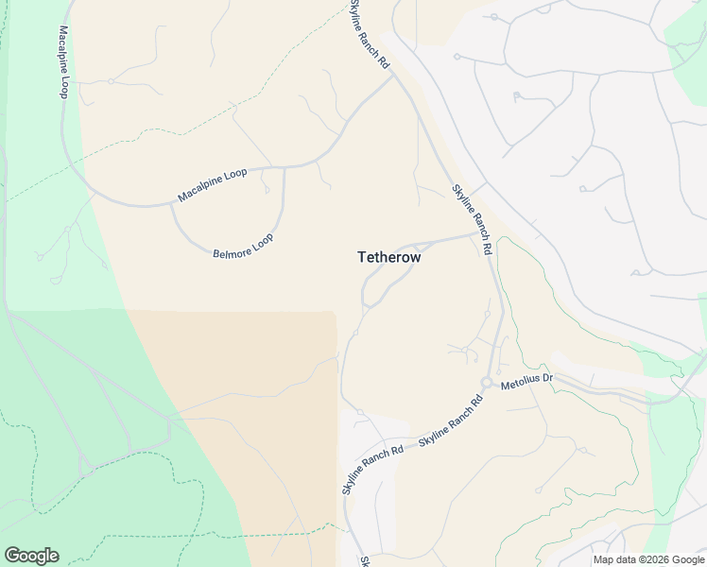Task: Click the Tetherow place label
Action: pyautogui.click(x=388, y=256)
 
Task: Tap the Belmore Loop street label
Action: pyautogui.click(x=243, y=248)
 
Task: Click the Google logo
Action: pyautogui.click(x=31, y=556)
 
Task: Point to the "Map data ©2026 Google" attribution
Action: pyautogui.click(x=648, y=559)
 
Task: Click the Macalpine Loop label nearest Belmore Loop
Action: pyautogui.click(x=212, y=185)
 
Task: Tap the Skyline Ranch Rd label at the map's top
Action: pyautogui.click(x=369, y=33)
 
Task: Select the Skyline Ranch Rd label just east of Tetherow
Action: pyautogui.click(x=473, y=219)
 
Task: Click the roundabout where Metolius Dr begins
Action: pyautogui.click(x=486, y=382)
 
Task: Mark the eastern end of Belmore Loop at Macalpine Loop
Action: pyautogui.click(x=285, y=169)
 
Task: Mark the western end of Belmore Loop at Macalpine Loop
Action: pyautogui.click(x=171, y=204)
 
